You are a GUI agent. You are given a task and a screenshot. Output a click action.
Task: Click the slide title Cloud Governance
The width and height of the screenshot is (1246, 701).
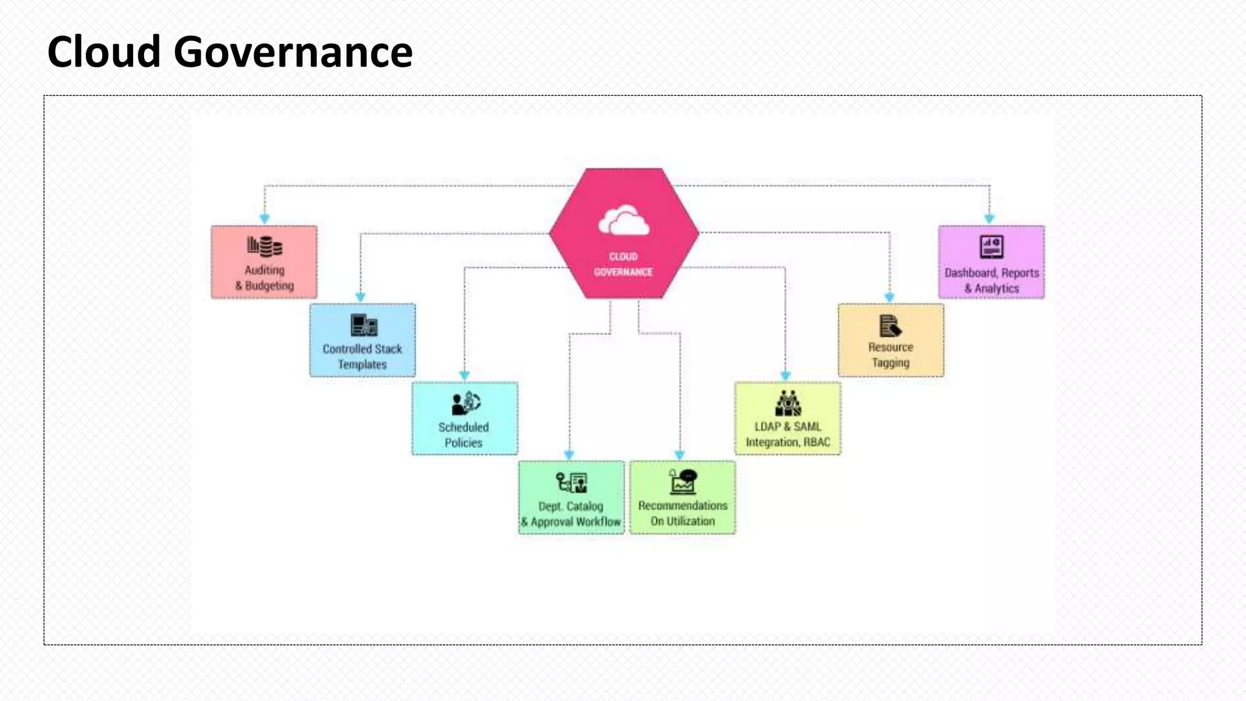pyautogui.click(x=230, y=52)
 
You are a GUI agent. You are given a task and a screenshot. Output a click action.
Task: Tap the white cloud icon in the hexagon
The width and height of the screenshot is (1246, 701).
pyautogui.click(x=624, y=221)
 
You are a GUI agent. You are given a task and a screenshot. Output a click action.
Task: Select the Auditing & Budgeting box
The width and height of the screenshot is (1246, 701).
pyautogui.click(x=264, y=262)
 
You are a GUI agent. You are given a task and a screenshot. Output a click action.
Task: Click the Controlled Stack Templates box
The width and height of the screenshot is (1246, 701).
pyautogui.click(x=363, y=340)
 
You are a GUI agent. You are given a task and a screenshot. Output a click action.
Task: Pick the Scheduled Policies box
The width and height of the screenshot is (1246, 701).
pyautogui.click(x=465, y=419)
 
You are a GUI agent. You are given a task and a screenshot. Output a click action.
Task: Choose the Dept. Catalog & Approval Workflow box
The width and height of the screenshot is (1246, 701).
pyautogui.click(x=571, y=498)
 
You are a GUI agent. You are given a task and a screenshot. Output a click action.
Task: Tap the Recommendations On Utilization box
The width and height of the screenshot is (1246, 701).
pyautogui.click(x=683, y=498)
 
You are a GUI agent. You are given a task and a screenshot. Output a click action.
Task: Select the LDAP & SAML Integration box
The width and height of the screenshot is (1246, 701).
pyautogui.click(x=788, y=419)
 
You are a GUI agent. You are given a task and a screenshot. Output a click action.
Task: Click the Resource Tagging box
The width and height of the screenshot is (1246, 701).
pyautogui.click(x=891, y=340)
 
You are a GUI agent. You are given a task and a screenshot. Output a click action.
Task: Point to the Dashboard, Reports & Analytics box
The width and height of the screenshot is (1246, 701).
pyautogui.click(x=992, y=262)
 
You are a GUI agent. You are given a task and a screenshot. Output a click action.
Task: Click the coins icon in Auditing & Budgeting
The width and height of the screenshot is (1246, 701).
pyautogui.click(x=265, y=246)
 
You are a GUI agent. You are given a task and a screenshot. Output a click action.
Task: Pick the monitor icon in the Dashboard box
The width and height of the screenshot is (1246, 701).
pyautogui.click(x=992, y=247)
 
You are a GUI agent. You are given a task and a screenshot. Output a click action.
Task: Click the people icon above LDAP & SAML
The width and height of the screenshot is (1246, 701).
pyautogui.click(x=788, y=403)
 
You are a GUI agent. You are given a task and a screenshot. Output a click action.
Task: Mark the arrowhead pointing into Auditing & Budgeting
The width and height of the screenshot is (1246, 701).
pyautogui.click(x=265, y=218)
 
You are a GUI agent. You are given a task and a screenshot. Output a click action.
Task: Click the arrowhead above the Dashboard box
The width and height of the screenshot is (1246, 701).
pyautogui.click(x=989, y=218)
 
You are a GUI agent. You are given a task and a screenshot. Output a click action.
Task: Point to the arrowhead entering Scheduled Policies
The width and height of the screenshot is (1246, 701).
pyautogui.click(x=465, y=375)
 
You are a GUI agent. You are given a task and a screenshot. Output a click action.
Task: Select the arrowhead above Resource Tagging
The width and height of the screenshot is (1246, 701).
pyautogui.click(x=889, y=297)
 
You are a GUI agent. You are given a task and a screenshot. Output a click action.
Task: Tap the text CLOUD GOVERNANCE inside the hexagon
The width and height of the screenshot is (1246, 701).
pyautogui.click(x=624, y=265)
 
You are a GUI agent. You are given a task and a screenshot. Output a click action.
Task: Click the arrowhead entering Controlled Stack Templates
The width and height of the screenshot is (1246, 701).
pyautogui.click(x=361, y=297)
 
